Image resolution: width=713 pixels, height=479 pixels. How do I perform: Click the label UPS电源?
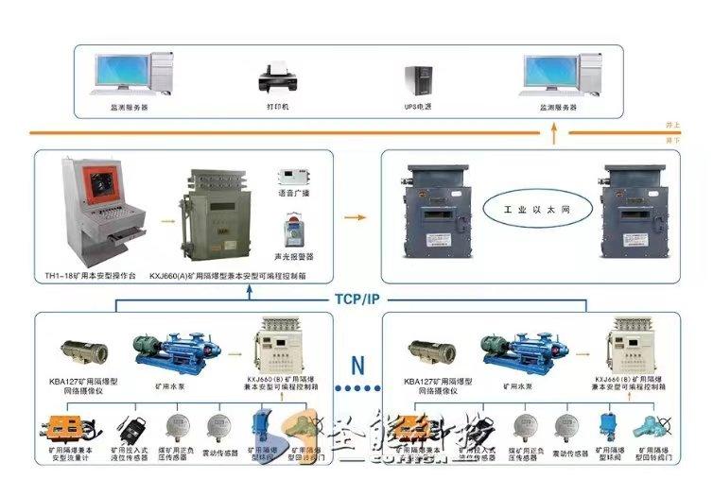pyautogui.click(x=418, y=107)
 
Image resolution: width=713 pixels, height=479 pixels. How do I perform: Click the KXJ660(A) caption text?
pyautogui.click(x=241, y=277)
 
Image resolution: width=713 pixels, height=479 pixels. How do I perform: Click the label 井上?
pyautogui.click(x=672, y=125)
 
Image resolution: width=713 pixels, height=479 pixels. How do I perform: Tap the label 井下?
pyautogui.click(x=672, y=141)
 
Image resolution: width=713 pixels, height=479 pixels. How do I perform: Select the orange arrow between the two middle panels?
pyautogui.click(x=355, y=217)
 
